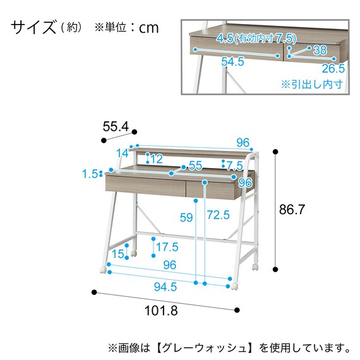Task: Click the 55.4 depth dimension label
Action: coord(116,127)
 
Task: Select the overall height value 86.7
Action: coord(292,210)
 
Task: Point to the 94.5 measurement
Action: coord(165,286)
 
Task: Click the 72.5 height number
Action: coord(218,215)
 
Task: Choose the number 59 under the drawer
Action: coord(186,218)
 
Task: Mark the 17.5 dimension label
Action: coord(167,247)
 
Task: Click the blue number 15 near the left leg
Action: coord(119,254)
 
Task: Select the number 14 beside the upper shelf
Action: coord(122,153)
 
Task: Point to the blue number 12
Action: coord(157,159)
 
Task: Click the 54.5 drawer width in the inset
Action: coord(232,62)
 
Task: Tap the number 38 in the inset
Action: coord(320,49)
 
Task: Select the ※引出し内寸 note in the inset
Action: coord(311,84)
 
